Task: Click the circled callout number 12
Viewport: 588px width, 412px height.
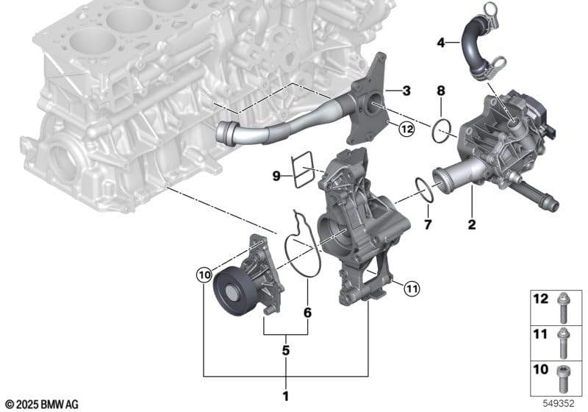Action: tap(406, 129)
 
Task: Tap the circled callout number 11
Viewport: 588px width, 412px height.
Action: tap(412, 289)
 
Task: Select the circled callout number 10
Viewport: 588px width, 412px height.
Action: tap(204, 275)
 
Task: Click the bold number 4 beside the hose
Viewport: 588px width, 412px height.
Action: tap(441, 43)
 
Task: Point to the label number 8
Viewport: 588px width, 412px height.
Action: tap(440, 90)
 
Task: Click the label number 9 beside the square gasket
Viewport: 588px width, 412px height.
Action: tap(276, 175)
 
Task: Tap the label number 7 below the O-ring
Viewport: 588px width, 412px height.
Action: tap(428, 224)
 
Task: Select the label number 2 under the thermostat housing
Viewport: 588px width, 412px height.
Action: tap(472, 224)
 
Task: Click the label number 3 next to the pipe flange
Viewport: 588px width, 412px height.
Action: tap(406, 90)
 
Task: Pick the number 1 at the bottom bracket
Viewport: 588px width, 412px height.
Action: tap(286, 396)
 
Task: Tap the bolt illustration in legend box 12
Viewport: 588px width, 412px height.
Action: tap(562, 308)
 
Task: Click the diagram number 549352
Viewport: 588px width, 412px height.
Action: tap(559, 403)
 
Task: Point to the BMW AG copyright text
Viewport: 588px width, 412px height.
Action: tap(43, 404)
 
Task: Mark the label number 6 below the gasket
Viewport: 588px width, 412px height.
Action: tap(307, 313)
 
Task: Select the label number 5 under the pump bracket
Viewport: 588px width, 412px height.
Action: tap(286, 350)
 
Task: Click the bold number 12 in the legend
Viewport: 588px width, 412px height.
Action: tap(540, 299)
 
